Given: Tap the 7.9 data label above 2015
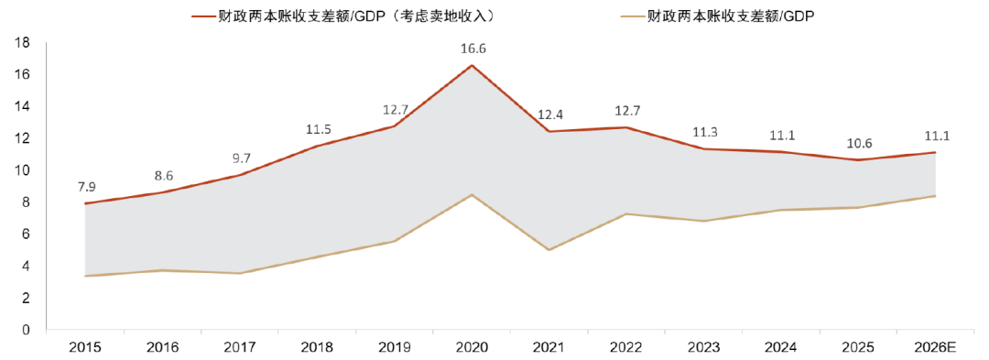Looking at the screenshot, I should [x=85, y=186].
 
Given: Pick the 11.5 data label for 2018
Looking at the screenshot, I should [x=318, y=129].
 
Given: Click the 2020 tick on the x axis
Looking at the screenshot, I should [x=473, y=348].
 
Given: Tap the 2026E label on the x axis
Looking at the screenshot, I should [x=935, y=348].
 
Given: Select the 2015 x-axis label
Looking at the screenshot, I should [x=85, y=348].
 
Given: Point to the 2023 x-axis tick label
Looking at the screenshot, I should [x=703, y=348].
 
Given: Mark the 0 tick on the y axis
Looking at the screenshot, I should [x=27, y=330].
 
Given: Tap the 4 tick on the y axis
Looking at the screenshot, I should [x=27, y=267].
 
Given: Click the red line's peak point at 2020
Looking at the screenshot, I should [x=473, y=65].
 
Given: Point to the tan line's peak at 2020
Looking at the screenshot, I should [x=473, y=194].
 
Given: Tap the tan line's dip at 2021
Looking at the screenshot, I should [x=549, y=250].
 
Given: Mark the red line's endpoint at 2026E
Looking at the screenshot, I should [x=935, y=152].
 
